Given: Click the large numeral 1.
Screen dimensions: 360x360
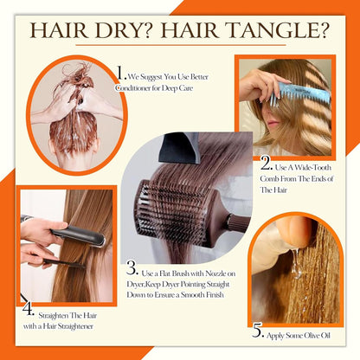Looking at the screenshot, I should [x=120, y=75].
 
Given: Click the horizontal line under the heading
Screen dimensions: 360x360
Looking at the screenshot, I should [x=179, y=45].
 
